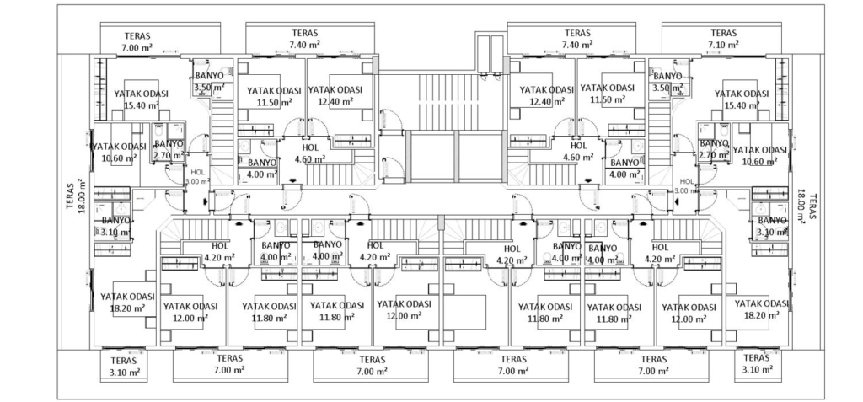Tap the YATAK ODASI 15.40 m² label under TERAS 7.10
(742, 99)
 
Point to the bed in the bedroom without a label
(465, 312)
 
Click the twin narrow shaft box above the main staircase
(490, 54)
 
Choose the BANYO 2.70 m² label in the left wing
(169, 150)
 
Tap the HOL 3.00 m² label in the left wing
(197, 177)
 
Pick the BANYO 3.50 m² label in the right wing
(667, 82)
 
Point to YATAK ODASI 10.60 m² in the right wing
(760, 155)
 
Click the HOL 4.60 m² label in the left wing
(310, 153)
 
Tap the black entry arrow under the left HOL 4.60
(292, 180)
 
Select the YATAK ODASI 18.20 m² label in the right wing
(762, 309)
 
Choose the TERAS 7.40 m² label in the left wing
(305, 39)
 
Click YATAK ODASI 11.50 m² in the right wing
(608, 94)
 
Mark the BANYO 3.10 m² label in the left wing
(116, 227)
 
